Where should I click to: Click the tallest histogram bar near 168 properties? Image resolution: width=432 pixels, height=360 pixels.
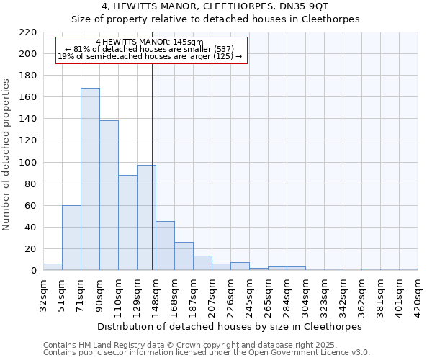(90, 179)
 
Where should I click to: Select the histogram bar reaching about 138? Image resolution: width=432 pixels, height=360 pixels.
(109, 195)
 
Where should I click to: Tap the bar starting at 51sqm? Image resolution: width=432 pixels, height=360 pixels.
(71, 238)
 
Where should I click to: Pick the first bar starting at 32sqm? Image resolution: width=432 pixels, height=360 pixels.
(53, 266)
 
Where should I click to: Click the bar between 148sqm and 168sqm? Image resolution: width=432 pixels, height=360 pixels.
(165, 246)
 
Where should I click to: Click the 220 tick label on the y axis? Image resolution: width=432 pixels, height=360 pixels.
(28, 32)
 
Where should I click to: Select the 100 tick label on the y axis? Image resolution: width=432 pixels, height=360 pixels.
(28, 163)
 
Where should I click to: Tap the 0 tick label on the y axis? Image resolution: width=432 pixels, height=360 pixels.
(34, 271)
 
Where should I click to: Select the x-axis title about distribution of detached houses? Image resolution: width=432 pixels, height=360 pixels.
(230, 326)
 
